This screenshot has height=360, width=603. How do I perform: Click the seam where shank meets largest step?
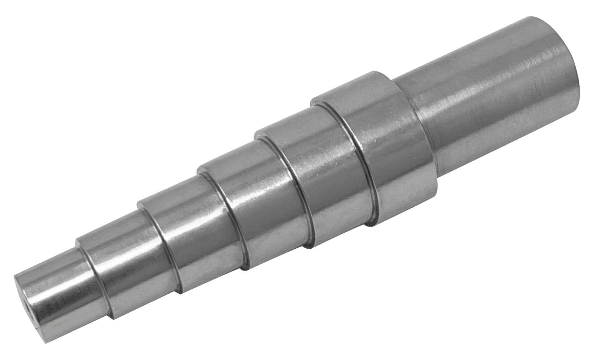click(407, 113)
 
